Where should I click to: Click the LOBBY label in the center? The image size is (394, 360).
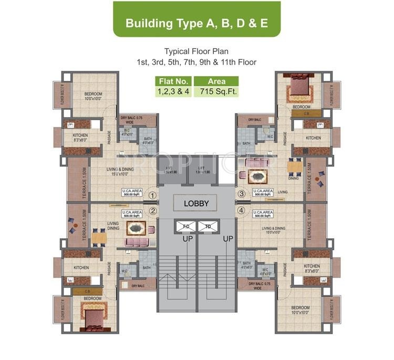coord(196,204)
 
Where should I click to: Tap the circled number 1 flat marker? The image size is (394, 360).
coord(152,195)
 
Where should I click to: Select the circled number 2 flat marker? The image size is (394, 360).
coord(152,211)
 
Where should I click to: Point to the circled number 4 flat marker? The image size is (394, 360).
coord(242,211)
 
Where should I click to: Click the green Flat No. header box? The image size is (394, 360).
coord(173,81)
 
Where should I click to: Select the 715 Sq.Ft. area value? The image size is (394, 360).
coord(216,92)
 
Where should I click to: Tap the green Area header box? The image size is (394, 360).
coord(216,81)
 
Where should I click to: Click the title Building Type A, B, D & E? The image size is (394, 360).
coord(196,23)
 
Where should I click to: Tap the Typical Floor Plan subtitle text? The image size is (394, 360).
coord(196,51)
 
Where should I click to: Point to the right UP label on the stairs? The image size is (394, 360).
coord(227,238)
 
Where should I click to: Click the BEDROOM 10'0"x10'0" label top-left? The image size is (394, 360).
coord(93,97)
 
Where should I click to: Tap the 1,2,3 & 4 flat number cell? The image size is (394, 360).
coord(173,92)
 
